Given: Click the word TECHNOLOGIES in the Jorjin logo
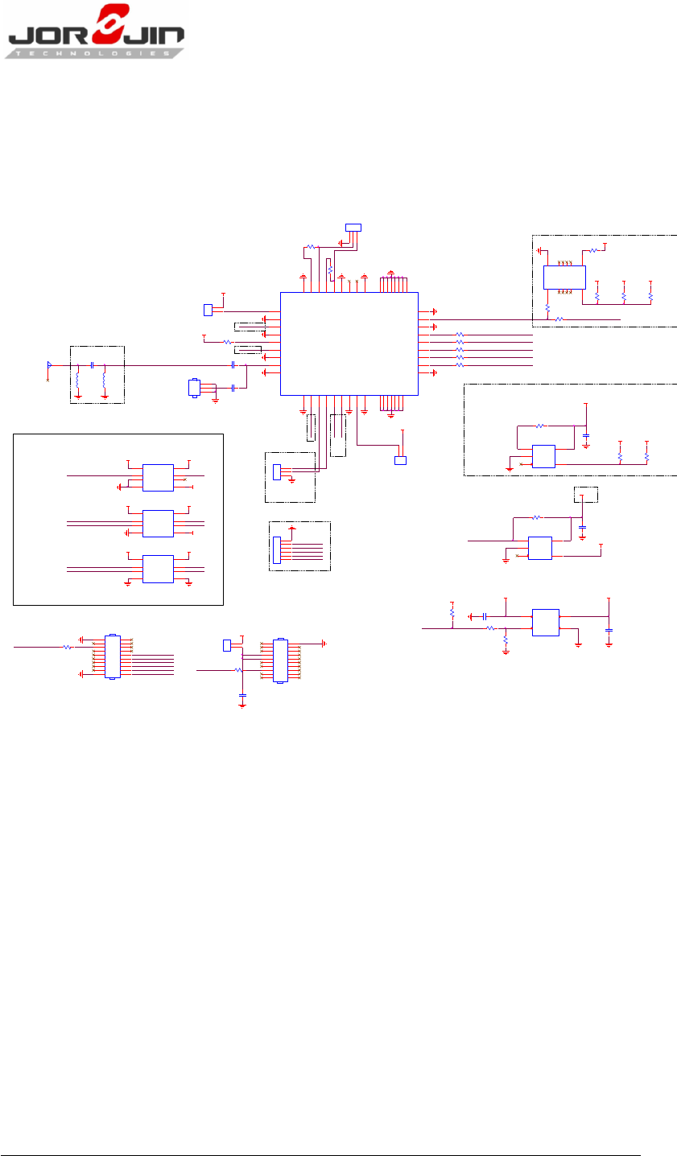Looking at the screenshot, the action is [95, 52].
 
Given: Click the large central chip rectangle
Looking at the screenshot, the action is [349, 344].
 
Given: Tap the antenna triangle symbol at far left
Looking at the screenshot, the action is [49, 365].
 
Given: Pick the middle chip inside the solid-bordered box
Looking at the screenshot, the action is [158, 523].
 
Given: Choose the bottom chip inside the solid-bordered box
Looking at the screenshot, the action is [158, 569].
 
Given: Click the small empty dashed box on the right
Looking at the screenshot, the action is [585, 494].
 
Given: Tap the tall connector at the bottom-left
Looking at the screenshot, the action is [112, 657].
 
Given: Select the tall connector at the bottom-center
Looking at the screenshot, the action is [279, 660].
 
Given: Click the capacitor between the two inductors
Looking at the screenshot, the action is [93, 365].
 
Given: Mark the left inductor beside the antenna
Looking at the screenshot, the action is [77, 379].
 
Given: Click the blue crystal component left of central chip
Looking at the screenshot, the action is [193, 388].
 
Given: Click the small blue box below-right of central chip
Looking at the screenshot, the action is [400, 460].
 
